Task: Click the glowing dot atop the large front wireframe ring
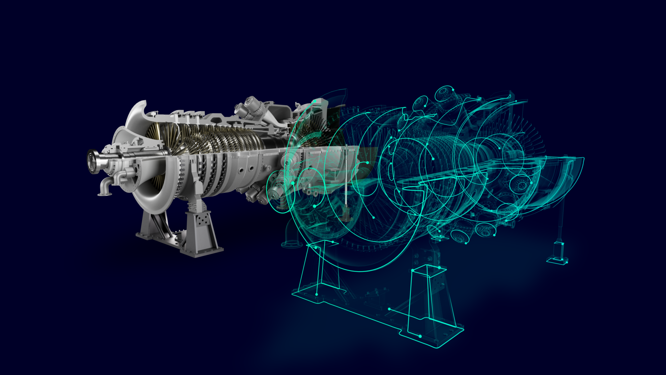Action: [315, 101]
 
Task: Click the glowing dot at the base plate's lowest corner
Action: [420, 336]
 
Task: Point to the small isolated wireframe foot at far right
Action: [558, 257]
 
